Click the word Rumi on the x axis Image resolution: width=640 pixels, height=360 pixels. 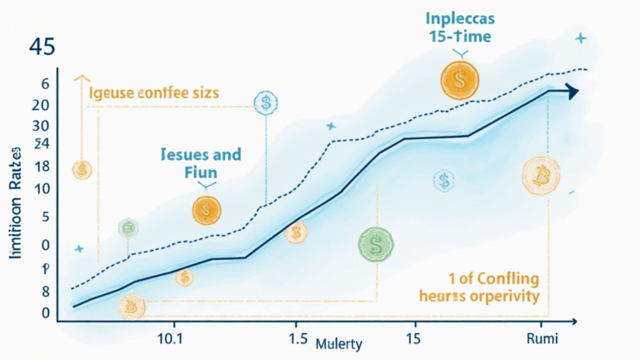pos(542,339)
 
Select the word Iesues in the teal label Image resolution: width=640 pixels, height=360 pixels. pos(184,155)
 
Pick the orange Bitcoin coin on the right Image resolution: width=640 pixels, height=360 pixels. pos(540,172)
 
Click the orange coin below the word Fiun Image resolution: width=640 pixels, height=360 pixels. pos(206,210)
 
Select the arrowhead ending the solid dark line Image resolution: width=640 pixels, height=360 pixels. pos(572,92)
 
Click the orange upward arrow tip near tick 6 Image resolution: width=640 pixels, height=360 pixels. pos(81,77)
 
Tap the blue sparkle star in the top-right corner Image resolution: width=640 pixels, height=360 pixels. pos(581,38)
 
